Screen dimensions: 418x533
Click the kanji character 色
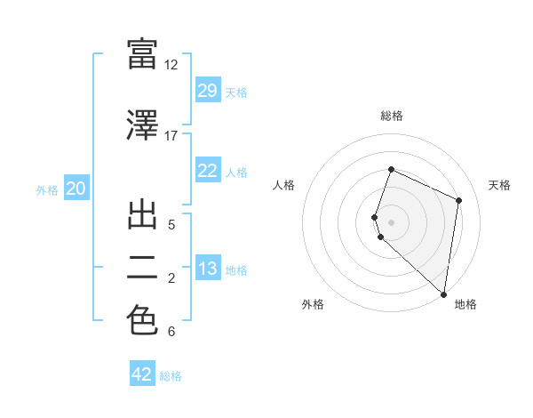(142, 320)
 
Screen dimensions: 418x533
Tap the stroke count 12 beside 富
(171, 65)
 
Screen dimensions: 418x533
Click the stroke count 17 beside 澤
(171, 136)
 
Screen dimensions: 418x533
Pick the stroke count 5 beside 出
(171, 225)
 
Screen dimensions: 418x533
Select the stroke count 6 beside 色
(171, 332)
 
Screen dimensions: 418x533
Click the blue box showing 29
(207, 91)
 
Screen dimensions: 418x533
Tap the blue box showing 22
(207, 171)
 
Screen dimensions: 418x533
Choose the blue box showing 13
(207, 269)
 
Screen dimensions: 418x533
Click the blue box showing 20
(76, 189)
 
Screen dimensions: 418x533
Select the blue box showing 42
(142, 374)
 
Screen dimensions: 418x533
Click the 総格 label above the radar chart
(392, 116)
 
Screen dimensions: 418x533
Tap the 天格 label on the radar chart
(499, 185)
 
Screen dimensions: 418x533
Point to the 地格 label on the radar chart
(465, 305)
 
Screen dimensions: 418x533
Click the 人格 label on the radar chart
(284, 185)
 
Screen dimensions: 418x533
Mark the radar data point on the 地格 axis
(444, 294)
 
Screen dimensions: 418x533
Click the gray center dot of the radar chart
(392, 221)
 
